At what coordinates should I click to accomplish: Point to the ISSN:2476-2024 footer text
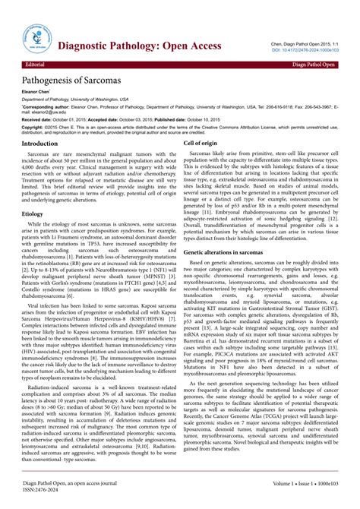[46, 489]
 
